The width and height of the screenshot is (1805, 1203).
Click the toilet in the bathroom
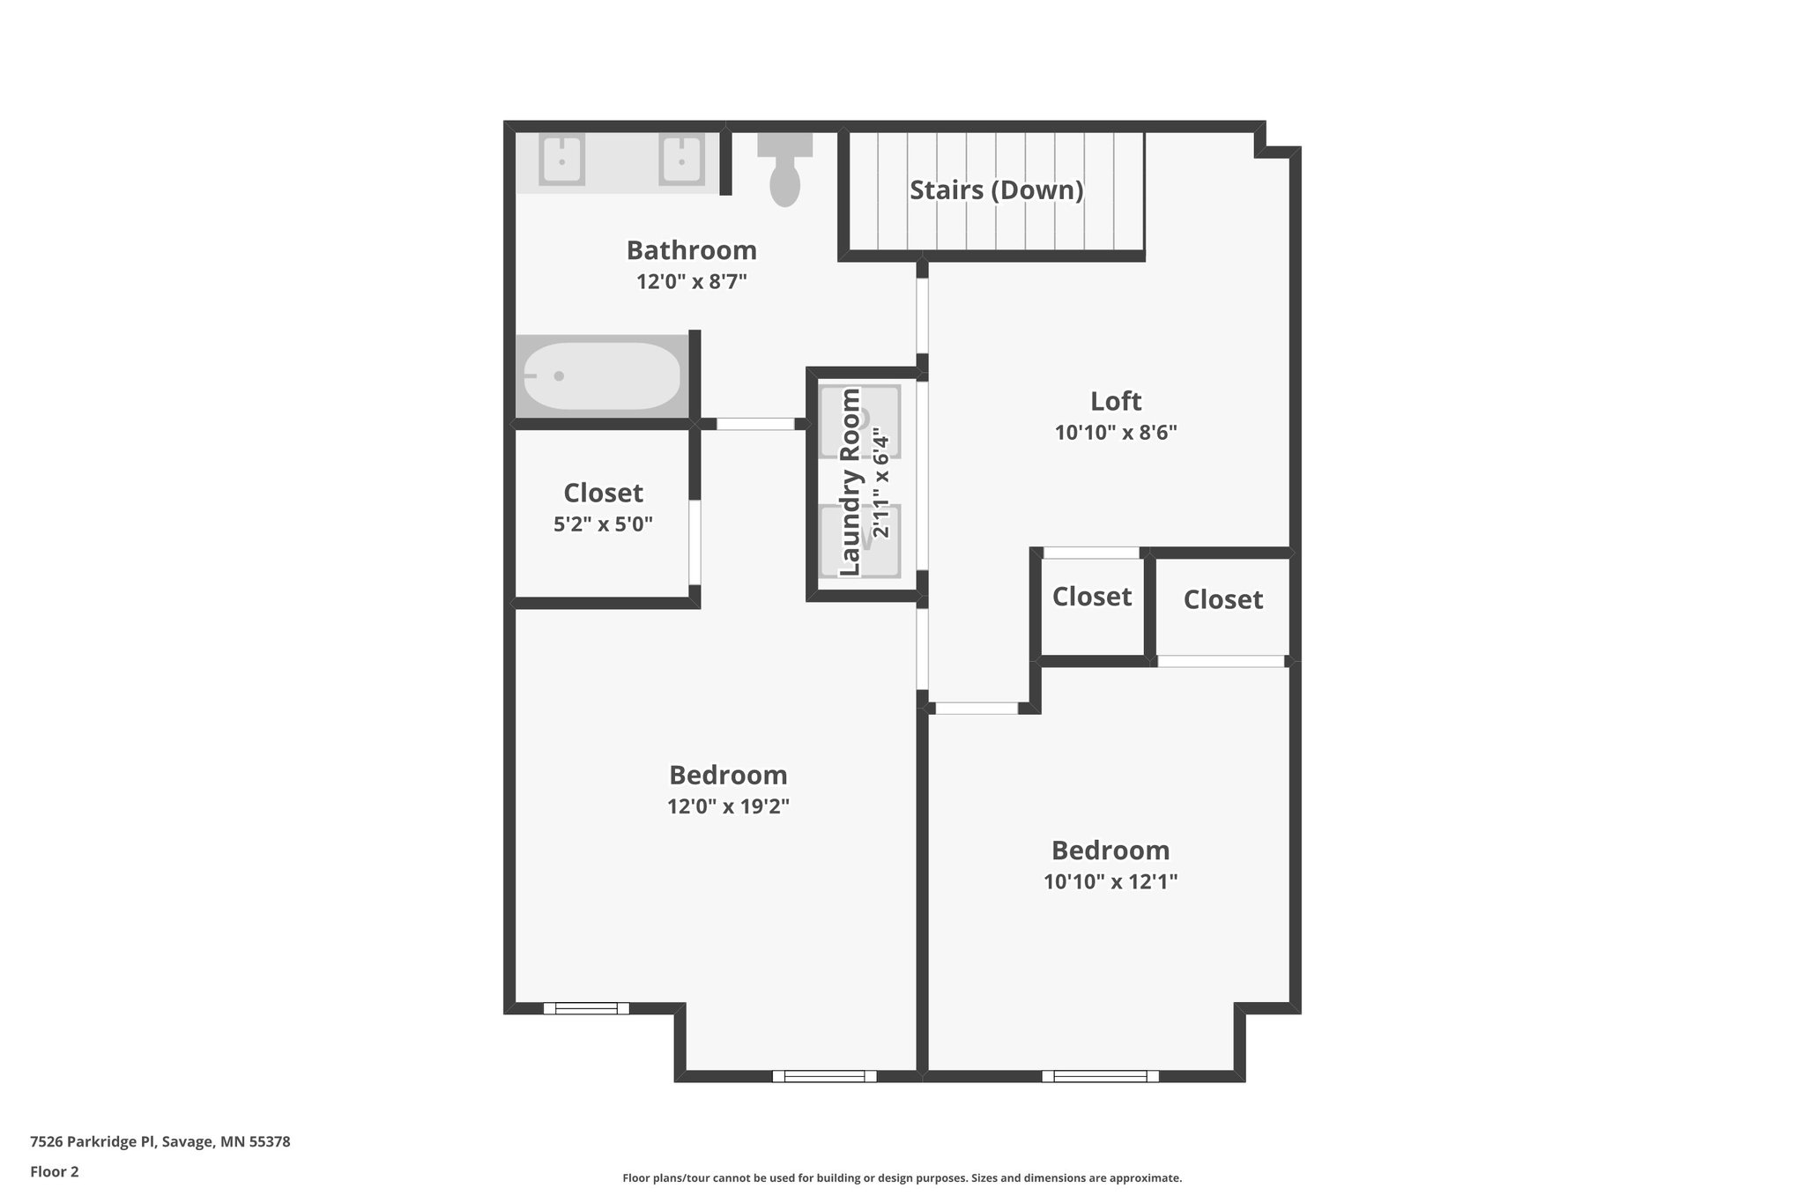pyautogui.click(x=784, y=173)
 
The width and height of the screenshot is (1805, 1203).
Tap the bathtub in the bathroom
pyautogui.click(x=602, y=376)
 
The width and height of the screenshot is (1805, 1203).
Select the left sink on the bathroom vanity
pyautogui.click(x=561, y=160)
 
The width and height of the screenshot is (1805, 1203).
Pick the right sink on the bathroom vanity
pyautogui.click(x=681, y=160)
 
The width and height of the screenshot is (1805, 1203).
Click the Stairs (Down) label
pyautogui.click(x=996, y=189)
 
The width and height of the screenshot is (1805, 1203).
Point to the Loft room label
pyautogui.click(x=1116, y=401)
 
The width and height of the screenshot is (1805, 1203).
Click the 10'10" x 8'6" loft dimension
pyautogui.click(x=1116, y=433)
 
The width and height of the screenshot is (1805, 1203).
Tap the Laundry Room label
pyautogui.click(x=851, y=483)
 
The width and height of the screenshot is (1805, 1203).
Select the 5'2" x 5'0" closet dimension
pyautogui.click(x=603, y=524)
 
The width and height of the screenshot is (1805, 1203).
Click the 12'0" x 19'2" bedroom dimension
pyautogui.click(x=728, y=806)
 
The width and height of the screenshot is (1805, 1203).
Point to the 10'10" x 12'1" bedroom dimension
pyautogui.click(x=1110, y=881)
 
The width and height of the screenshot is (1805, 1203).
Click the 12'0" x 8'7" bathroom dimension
pyautogui.click(x=692, y=282)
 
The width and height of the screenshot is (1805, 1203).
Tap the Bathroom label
pyautogui.click(x=692, y=250)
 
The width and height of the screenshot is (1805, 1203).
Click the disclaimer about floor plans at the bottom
pyautogui.click(x=902, y=1177)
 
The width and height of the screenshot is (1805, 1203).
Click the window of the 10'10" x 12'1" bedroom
pyautogui.click(x=1100, y=1075)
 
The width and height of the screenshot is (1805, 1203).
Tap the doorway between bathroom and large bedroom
pyautogui.click(x=755, y=424)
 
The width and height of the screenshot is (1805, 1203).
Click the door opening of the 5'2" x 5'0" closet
pyautogui.click(x=695, y=542)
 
